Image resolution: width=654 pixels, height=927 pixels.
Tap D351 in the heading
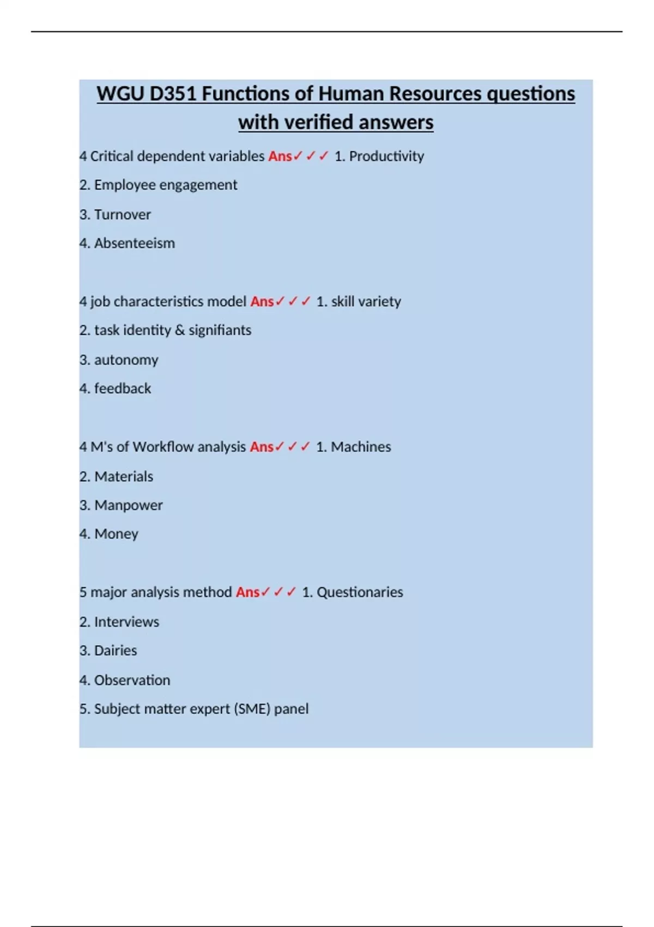coord(173,94)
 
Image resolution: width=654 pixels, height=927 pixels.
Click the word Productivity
coord(386,156)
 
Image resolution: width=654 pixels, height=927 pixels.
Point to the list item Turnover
coord(122,214)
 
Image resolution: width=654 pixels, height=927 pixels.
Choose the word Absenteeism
coord(135,243)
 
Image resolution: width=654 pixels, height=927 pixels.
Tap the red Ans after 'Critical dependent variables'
coord(280,156)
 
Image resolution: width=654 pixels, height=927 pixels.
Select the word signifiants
coord(220,330)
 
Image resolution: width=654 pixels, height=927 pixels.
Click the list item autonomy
coord(126,360)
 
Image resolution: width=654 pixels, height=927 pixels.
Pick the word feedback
coord(123,389)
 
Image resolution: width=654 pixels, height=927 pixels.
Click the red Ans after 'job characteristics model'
coord(262,302)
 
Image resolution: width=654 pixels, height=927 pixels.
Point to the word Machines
coord(361,447)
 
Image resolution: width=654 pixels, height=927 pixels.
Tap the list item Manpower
coord(128,505)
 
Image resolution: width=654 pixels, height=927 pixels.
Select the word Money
coord(116,534)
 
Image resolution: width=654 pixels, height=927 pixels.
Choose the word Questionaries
coord(360,592)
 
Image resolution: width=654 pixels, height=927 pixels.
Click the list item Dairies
coord(116,651)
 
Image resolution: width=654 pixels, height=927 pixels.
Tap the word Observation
coord(132,680)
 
